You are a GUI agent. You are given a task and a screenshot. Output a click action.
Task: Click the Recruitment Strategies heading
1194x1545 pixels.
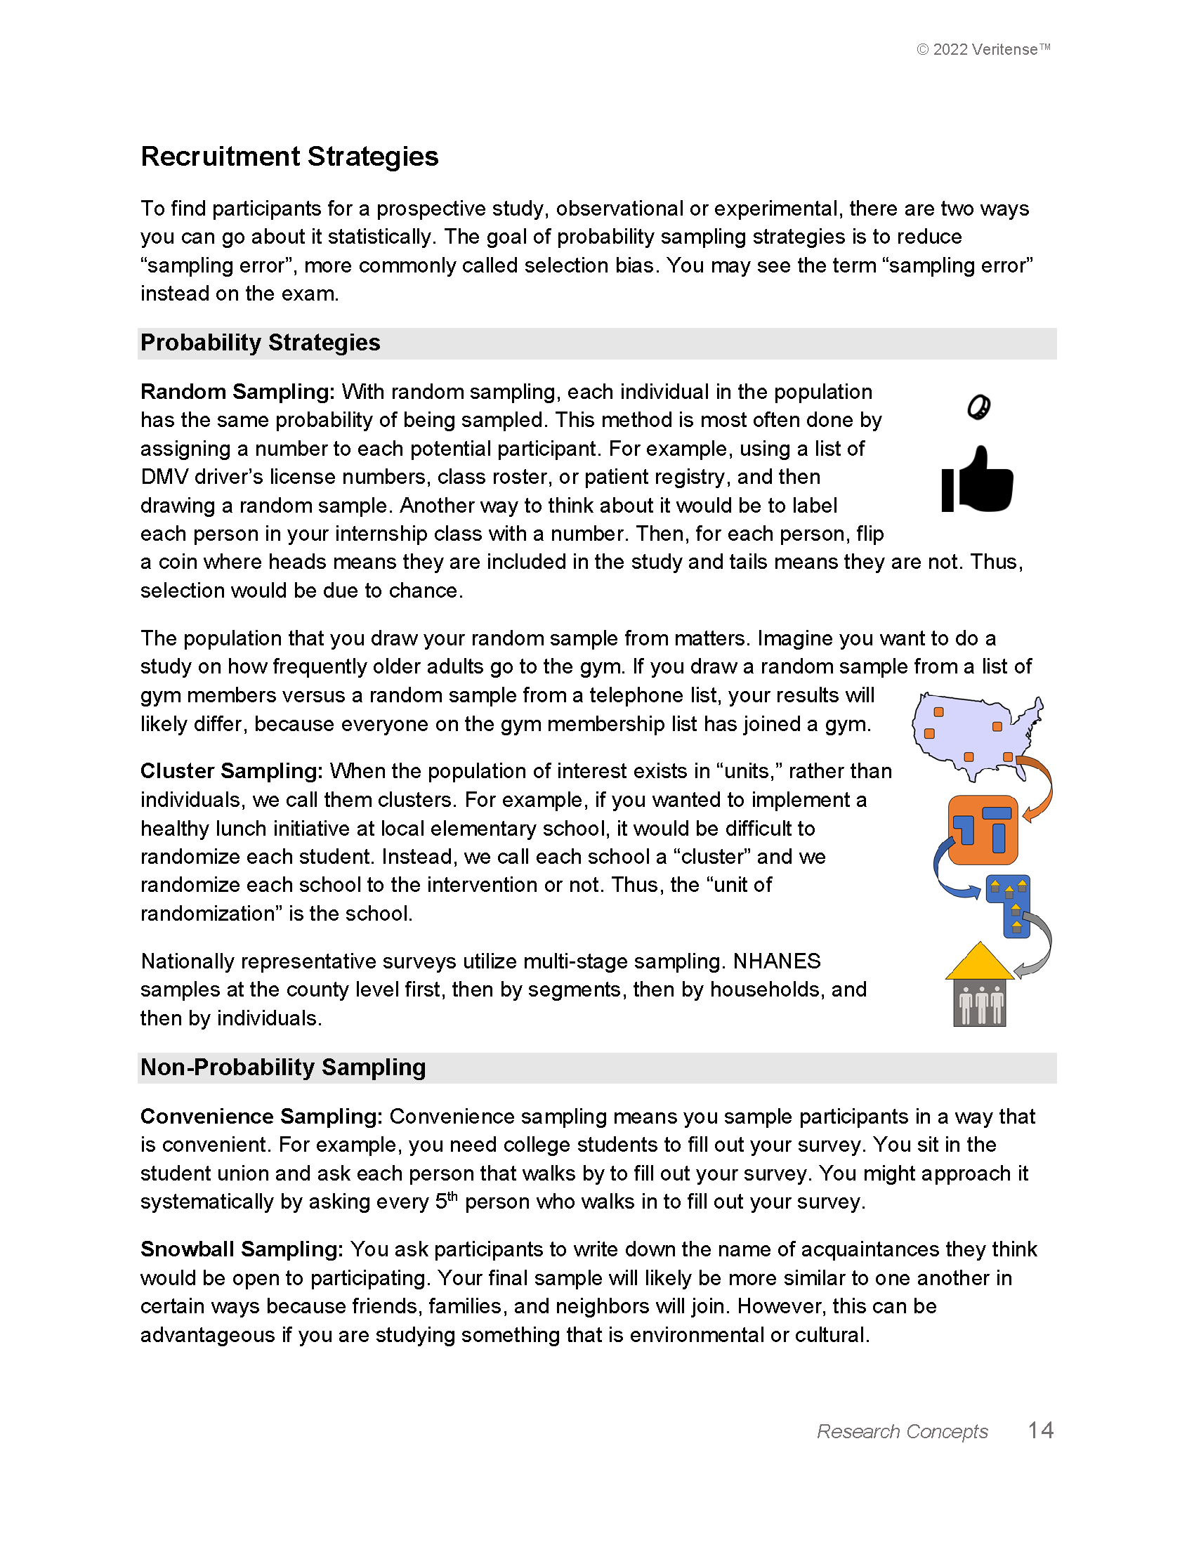(x=289, y=157)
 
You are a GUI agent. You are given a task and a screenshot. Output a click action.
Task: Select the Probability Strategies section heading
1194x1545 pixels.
(x=261, y=343)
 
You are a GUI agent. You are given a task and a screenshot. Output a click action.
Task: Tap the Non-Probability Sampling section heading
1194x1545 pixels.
(x=283, y=1067)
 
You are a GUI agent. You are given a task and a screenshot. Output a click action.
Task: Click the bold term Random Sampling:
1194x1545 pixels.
(x=237, y=392)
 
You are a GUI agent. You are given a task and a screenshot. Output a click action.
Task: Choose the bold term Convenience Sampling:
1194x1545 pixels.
(x=261, y=1117)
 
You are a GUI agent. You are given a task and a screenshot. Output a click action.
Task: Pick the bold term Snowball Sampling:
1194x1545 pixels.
(x=241, y=1249)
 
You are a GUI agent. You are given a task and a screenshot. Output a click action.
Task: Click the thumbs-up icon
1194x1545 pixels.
(x=978, y=480)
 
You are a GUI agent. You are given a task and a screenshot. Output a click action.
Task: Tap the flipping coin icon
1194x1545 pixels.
(x=979, y=407)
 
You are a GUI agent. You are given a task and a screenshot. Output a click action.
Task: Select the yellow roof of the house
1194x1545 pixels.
(x=980, y=963)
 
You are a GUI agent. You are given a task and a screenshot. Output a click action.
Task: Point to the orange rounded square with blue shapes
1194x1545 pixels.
(x=983, y=830)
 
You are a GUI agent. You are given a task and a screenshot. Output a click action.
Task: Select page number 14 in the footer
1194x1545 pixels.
(x=1040, y=1431)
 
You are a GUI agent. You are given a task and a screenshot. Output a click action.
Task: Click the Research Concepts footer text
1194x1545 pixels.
(x=902, y=1432)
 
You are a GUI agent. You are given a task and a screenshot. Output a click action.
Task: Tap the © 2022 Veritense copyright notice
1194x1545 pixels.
(x=983, y=50)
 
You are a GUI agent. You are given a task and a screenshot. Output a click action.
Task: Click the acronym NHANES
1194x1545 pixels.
(x=777, y=961)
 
